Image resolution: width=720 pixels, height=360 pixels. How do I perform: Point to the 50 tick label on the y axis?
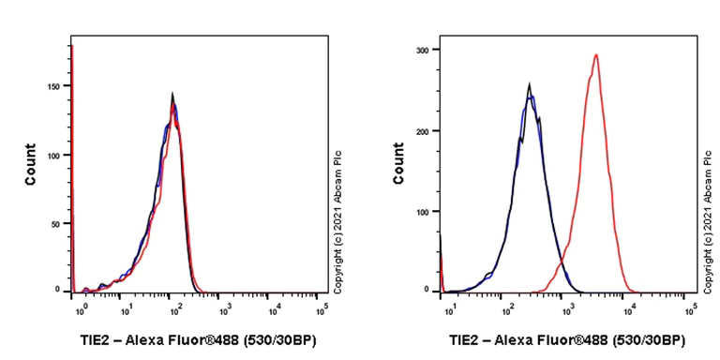[57, 224]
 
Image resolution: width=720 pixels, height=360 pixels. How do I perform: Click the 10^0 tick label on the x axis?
[83, 307]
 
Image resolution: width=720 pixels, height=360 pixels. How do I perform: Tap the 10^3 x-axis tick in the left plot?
[226, 307]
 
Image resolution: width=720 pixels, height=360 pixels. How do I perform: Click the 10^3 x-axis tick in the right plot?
[567, 307]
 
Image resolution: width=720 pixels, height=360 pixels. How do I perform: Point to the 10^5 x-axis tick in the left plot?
[321, 307]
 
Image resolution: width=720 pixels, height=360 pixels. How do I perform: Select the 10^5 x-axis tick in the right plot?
[690, 307]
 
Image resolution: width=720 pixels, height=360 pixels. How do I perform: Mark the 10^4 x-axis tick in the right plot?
[629, 307]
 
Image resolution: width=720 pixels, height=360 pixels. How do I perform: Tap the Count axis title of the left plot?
[31, 163]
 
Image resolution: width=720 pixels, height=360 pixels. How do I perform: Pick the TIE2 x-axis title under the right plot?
[565, 340]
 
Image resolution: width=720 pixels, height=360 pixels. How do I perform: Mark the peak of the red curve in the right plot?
[595, 54]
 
